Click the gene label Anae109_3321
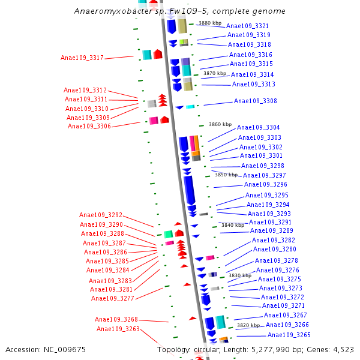click(247, 26)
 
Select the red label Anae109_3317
click(82, 58)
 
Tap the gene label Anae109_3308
click(256, 101)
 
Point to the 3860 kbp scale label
click(220, 124)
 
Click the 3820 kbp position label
click(248, 325)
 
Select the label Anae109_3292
click(101, 215)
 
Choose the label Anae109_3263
click(118, 329)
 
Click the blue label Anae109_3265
click(289, 335)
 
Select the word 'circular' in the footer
click(215, 349)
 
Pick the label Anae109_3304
click(259, 127)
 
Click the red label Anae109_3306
click(89, 126)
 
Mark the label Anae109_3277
click(113, 298)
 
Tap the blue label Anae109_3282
click(274, 240)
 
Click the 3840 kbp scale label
click(233, 225)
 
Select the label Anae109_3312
click(85, 90)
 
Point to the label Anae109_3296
click(266, 184)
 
